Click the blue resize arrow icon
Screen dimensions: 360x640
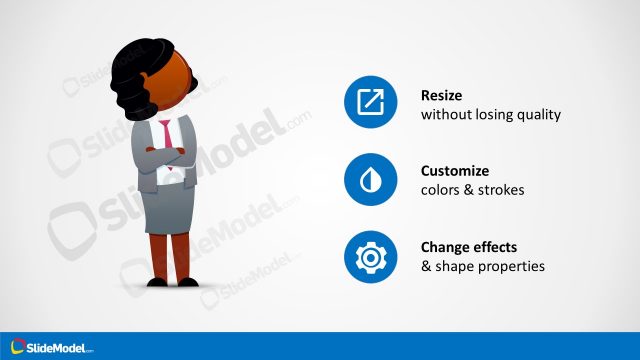[x=371, y=101]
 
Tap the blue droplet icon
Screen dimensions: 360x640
[x=371, y=180]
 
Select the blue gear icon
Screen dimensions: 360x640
[x=371, y=257]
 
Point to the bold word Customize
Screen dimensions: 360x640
[x=455, y=171]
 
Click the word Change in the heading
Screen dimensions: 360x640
[x=446, y=248]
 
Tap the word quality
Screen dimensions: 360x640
[x=537, y=115]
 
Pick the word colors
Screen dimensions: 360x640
[x=441, y=190]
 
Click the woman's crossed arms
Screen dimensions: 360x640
[x=165, y=157]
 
